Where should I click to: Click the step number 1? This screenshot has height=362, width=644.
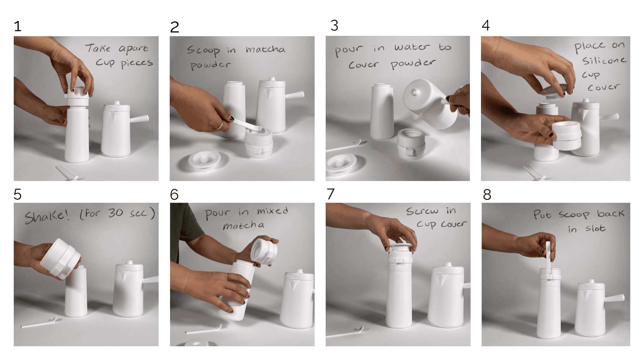18,26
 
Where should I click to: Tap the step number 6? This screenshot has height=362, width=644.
174,195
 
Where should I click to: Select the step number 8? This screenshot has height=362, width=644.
487,195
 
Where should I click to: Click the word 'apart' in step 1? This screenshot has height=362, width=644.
133,49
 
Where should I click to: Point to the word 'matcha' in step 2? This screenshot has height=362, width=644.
265,49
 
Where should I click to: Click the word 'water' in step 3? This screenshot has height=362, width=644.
412,47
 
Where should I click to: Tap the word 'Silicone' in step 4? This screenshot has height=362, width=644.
604,60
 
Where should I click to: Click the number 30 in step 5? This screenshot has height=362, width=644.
115,213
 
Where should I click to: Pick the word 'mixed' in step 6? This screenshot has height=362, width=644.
272,211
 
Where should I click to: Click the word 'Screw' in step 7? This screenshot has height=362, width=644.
422,211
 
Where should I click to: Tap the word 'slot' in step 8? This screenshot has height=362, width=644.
595,228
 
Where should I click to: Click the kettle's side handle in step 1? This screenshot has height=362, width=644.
139,119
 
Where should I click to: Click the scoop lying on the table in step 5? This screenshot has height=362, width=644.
41,323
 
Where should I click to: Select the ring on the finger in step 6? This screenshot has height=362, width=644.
229,277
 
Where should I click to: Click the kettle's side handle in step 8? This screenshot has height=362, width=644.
614,298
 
